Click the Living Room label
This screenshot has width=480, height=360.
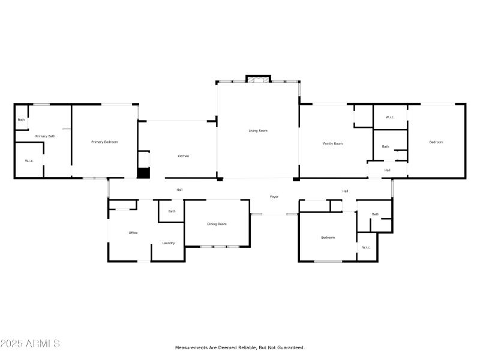click(258, 130)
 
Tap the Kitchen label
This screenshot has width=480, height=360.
click(184, 156)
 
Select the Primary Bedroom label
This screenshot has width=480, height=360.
click(104, 142)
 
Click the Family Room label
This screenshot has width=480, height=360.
click(333, 143)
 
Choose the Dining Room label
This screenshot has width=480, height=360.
click(217, 224)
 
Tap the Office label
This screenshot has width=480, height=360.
click(133, 232)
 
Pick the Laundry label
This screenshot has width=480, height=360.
click(169, 243)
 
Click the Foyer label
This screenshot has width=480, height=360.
click(274, 196)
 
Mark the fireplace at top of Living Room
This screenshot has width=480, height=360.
click(258, 80)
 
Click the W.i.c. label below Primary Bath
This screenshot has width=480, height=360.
click(29, 161)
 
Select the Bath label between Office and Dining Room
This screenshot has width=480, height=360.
click(172, 211)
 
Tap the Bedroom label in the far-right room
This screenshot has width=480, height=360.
click(436, 142)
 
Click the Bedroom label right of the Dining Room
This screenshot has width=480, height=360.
click(328, 238)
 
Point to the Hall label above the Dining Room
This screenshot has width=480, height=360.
click(179, 190)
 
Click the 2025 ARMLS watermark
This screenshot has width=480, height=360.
click(30, 344)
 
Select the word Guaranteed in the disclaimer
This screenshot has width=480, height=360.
click(290, 347)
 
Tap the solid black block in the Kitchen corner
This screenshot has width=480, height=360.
click(143, 173)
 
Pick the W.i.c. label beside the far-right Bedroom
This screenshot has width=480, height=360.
click(389, 117)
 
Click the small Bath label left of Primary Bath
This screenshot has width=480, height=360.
click(21, 120)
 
